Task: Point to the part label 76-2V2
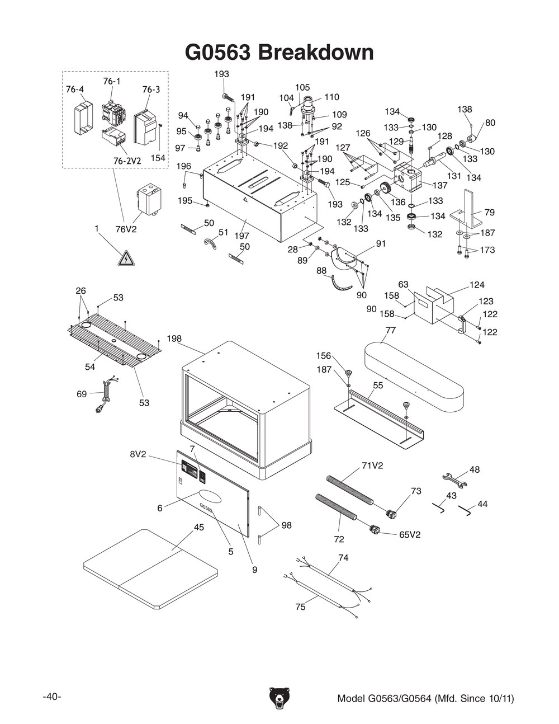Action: click(x=127, y=161)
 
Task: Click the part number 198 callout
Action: click(x=174, y=339)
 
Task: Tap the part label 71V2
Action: click(x=372, y=466)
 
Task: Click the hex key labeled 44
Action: click(x=465, y=509)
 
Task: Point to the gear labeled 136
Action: click(x=385, y=188)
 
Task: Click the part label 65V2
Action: click(x=410, y=534)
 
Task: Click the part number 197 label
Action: click(x=241, y=236)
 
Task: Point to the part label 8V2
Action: click(x=138, y=454)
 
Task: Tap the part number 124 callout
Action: click(x=477, y=285)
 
